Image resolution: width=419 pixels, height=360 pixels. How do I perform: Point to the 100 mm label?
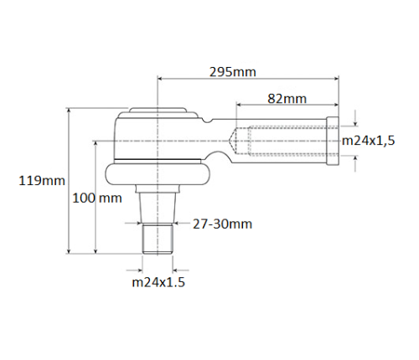tap(96, 198)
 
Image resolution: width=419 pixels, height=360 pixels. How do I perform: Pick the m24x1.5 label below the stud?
tap(158, 282)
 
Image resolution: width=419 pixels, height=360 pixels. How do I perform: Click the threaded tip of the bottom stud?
tap(158, 239)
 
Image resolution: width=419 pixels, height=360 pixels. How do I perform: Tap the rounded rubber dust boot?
tap(158, 174)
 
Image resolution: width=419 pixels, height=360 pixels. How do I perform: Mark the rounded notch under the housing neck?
tap(222, 157)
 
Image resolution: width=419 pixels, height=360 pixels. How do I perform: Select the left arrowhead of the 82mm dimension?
tap(239, 105)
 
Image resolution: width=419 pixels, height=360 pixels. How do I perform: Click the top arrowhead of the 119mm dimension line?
tap(70, 111)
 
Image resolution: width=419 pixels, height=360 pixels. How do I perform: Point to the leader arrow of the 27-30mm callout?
tap(178, 224)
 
